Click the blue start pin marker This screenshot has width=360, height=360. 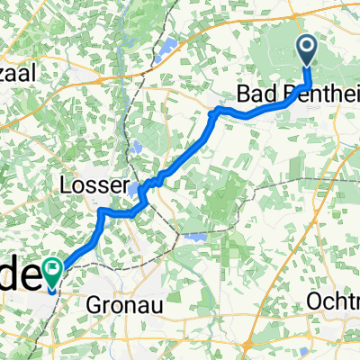coord(307,50)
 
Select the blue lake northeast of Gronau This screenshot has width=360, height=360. coord(197,238)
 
